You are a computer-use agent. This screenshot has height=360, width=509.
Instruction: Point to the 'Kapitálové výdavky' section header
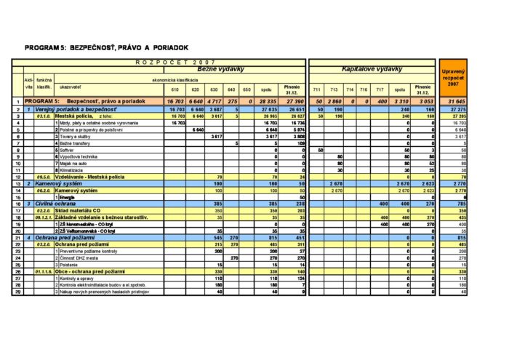point(373,69)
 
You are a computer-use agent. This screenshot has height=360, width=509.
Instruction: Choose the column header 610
point(175,89)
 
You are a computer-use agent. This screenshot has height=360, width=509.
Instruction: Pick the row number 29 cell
point(17,292)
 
